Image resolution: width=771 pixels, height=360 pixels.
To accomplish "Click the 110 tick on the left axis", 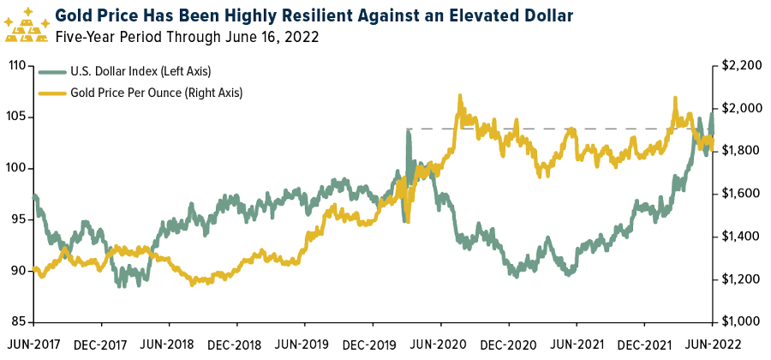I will click(x=19, y=65).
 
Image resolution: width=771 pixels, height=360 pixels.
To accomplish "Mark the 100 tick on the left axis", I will click(x=19, y=168).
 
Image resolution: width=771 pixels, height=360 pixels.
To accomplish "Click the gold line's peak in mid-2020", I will click(x=460, y=96).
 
